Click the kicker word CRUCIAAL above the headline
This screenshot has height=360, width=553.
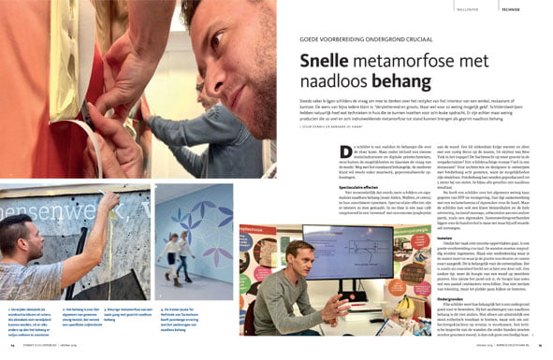(x=448, y=39)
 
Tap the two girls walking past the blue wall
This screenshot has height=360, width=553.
(x=179, y=252)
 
